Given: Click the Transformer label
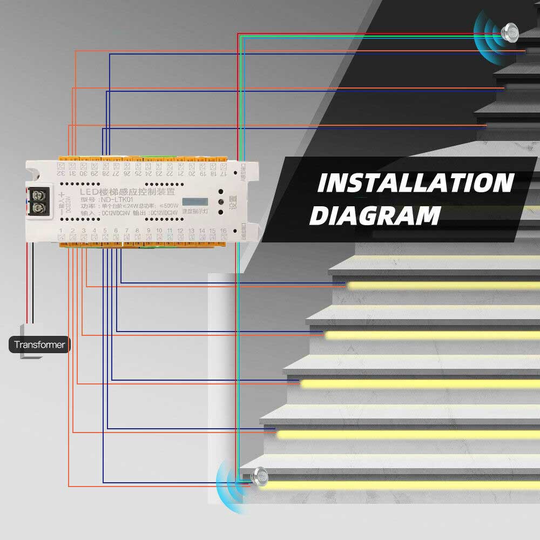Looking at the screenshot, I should point(39,345).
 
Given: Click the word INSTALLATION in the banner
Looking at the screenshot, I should point(415,184).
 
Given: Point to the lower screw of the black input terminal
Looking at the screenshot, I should point(38,208).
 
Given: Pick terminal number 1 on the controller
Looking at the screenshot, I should point(61,231).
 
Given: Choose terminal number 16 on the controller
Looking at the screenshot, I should point(223,231).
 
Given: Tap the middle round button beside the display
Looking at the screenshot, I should point(221,202).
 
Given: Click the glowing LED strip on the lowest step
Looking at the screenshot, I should point(400,485).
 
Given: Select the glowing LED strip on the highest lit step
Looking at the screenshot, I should point(443,285).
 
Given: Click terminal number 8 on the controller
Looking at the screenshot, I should point(137,231).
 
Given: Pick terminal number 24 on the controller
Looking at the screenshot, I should point(147,173).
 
